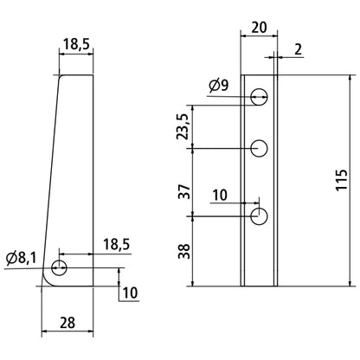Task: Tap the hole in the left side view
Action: (x=59, y=266)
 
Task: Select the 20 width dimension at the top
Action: (x=258, y=27)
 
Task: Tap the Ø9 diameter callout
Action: (x=218, y=85)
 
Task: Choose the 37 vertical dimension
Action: (x=183, y=190)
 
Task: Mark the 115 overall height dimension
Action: (x=343, y=180)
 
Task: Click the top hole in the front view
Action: (x=259, y=97)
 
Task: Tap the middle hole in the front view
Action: (x=259, y=149)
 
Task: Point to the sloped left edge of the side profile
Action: (x=50, y=173)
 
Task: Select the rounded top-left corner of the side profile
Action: (x=61, y=78)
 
